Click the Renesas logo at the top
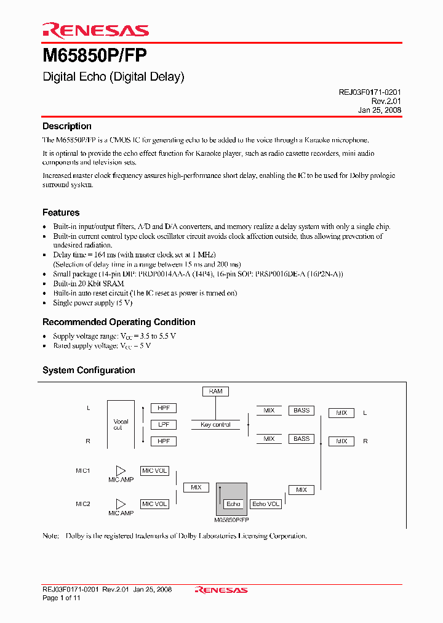point(95,30)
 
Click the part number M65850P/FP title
point(94,57)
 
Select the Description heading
point(66,126)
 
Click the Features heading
point(61,212)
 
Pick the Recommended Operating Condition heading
point(119,322)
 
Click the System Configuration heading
point(89,370)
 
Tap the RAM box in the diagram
point(215,392)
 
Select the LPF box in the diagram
point(164,425)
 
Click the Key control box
point(215,425)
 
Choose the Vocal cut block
point(121,424)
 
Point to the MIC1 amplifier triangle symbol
point(121,471)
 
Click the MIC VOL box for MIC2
point(154,504)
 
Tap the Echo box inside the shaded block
point(233,504)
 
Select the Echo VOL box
point(266,504)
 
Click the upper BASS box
point(301,411)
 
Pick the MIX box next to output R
point(341,441)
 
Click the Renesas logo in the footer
point(221,590)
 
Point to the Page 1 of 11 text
point(62,598)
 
